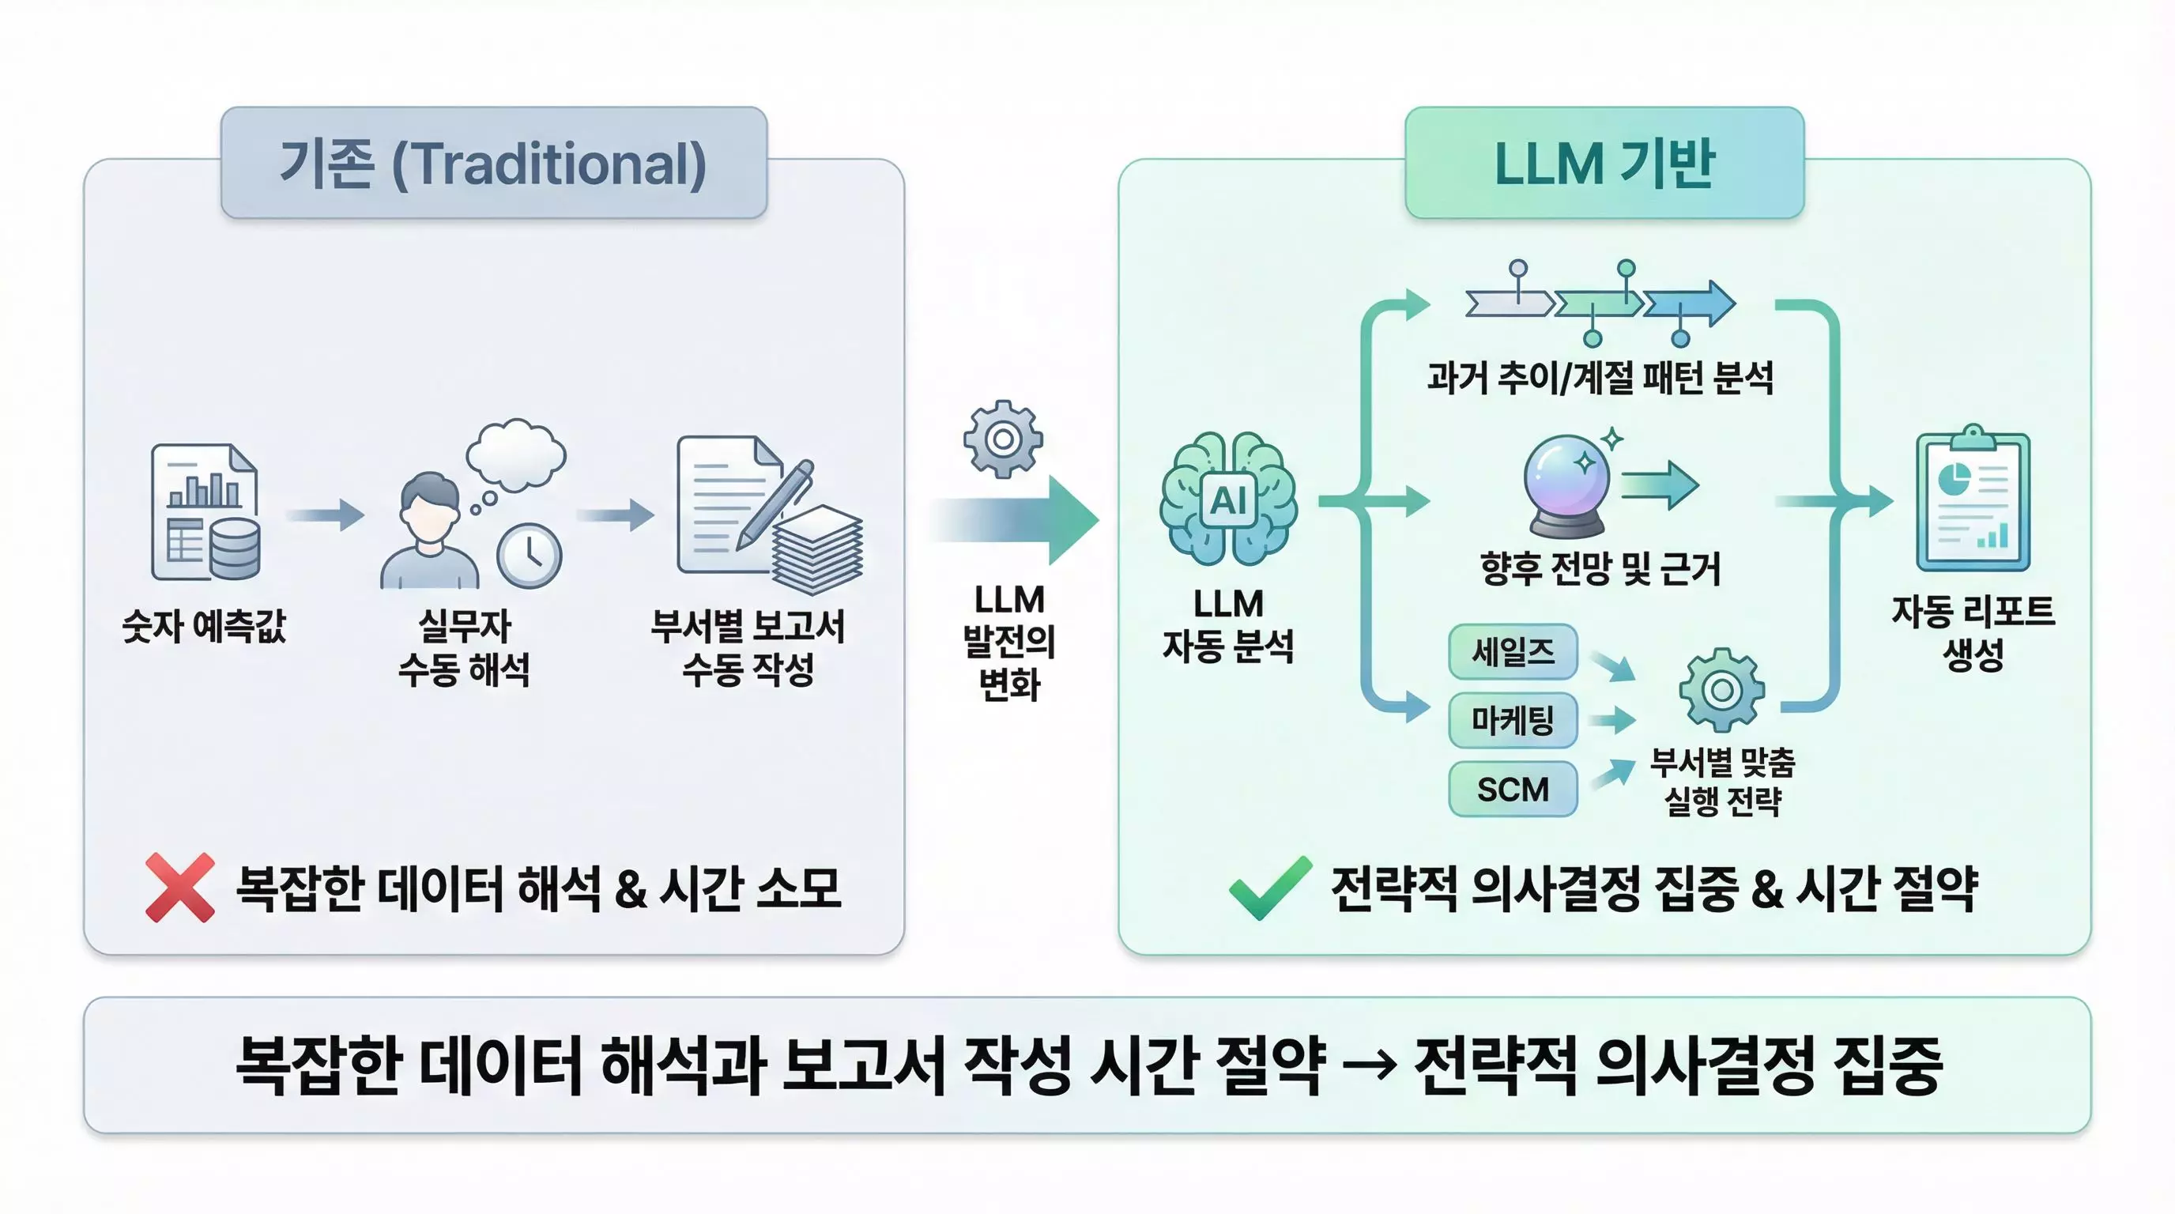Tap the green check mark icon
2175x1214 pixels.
pos(1269,888)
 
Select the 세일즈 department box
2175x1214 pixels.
pos(1512,652)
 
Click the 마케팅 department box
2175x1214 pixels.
pos(1512,720)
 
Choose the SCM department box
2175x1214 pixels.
pos(1512,790)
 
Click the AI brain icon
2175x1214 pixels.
pos(1228,499)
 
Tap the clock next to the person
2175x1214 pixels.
pos(530,556)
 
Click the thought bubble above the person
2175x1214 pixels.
pos(516,455)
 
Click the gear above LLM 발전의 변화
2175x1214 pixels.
pos(1003,439)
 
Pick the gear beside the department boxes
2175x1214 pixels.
pos(1721,690)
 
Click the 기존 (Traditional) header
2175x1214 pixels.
pos(494,163)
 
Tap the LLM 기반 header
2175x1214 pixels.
pos(1604,163)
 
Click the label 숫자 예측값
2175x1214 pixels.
pos(205,627)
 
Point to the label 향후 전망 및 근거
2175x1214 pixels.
pos(1600,568)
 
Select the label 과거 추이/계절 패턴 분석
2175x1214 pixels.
pos(1600,377)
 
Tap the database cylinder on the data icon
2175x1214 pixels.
pos(235,549)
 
